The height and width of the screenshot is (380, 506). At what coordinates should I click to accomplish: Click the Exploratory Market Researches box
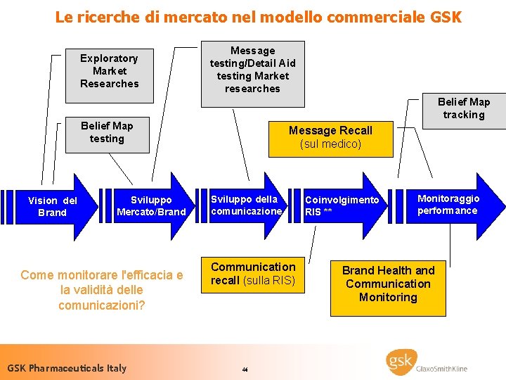pyautogui.click(x=109, y=70)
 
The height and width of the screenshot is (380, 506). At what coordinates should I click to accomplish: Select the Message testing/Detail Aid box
pyautogui.click(x=253, y=70)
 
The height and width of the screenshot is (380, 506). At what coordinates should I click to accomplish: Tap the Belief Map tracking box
pyautogui.click(x=464, y=108)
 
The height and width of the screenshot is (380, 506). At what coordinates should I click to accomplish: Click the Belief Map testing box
pyautogui.click(x=107, y=132)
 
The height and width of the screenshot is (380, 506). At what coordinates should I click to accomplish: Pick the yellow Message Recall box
pyautogui.click(x=330, y=137)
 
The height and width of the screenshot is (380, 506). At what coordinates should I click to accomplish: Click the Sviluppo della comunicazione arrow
pyautogui.click(x=246, y=205)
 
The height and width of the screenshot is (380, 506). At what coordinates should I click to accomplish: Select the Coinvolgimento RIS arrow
pyautogui.click(x=343, y=205)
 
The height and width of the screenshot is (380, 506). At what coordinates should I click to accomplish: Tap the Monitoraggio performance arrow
pyautogui.click(x=450, y=205)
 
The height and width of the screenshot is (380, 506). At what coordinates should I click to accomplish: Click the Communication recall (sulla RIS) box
pyautogui.click(x=254, y=274)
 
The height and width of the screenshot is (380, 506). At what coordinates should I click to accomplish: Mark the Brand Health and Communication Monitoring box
pyautogui.click(x=388, y=284)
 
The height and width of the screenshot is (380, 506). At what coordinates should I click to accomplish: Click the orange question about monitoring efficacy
pyautogui.click(x=102, y=290)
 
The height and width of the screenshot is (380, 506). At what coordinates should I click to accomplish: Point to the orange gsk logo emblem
pyautogui.click(x=401, y=362)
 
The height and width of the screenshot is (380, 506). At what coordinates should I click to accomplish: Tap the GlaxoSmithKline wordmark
pyautogui.click(x=442, y=368)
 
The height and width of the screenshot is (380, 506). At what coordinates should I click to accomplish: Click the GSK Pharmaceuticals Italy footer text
pyautogui.click(x=67, y=367)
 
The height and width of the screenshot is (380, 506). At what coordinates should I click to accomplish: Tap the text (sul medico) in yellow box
pyautogui.click(x=330, y=144)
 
